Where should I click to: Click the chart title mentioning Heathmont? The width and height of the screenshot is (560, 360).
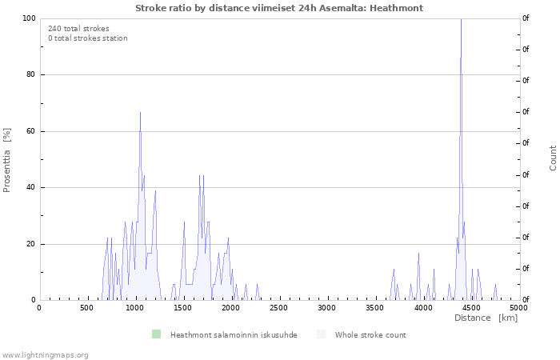click(279, 8)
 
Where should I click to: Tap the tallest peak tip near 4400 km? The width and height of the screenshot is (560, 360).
click(461, 19)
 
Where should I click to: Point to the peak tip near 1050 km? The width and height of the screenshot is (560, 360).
click(140, 113)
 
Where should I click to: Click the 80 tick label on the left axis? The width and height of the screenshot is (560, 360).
click(30, 74)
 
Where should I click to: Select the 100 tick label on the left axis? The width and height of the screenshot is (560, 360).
click(29, 18)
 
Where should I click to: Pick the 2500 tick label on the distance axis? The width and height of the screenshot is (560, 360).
click(278, 308)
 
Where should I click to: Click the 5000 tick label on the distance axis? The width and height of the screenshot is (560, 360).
click(518, 308)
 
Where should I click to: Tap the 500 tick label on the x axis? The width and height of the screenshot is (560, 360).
click(86, 308)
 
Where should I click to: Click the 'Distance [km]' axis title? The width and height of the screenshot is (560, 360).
click(486, 318)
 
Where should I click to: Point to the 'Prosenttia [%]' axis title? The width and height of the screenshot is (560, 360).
click(6, 160)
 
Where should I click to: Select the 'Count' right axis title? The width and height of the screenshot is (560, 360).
click(553, 158)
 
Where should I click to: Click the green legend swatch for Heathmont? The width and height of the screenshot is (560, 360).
click(157, 334)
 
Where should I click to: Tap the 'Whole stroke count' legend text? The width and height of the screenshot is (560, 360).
click(370, 335)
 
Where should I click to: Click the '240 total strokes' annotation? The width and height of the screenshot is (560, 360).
click(78, 29)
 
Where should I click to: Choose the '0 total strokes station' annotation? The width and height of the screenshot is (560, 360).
click(88, 38)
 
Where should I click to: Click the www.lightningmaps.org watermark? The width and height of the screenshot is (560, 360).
click(44, 355)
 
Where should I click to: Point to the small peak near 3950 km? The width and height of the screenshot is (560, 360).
click(418, 254)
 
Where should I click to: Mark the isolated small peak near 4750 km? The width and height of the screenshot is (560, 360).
click(495, 285)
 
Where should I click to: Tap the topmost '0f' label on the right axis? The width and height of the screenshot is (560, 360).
click(526, 18)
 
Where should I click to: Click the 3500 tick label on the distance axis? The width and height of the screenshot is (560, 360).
click(374, 308)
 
